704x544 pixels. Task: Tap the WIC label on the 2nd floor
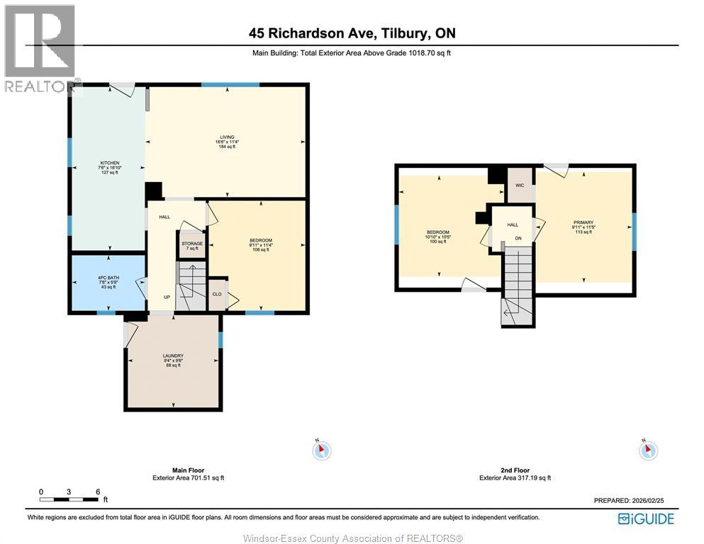coord(519,186)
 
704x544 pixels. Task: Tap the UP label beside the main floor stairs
coord(167,297)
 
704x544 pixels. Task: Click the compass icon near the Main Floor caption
coord(322,450)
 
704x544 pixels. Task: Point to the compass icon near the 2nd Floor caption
coord(648,450)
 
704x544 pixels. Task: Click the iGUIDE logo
coord(645,519)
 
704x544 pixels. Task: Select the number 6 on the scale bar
coord(97,492)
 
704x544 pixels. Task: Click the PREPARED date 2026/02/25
coord(628,501)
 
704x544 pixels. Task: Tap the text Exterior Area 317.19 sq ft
coord(515,478)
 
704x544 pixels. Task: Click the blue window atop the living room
coord(230,85)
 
